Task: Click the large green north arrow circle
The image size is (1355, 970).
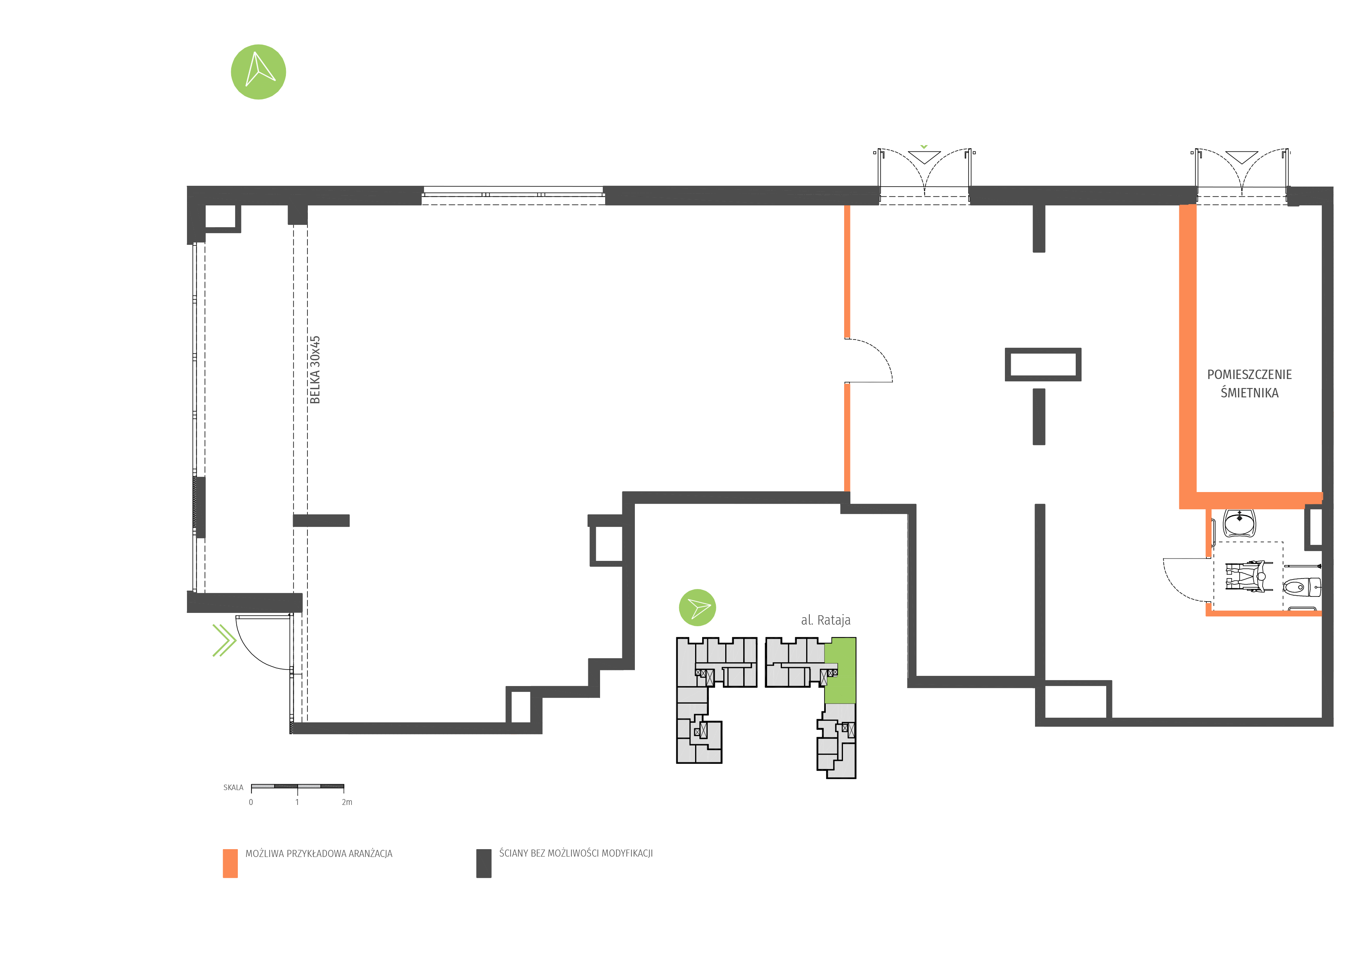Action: point(258,72)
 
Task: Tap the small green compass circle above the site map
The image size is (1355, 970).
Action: point(697,607)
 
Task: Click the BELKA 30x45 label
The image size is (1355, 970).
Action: point(315,369)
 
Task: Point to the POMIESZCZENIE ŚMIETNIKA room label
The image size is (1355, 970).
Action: point(1249,383)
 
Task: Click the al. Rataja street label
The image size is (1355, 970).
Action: point(825,620)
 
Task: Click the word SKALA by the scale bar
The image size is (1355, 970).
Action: point(233,787)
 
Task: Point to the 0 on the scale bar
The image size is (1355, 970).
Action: point(251,802)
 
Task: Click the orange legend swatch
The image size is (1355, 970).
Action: point(230,863)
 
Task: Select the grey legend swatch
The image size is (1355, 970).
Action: point(483,863)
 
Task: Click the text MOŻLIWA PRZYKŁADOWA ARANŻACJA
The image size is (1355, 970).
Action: point(319,853)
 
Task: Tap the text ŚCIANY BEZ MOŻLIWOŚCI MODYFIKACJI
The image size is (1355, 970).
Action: point(576,853)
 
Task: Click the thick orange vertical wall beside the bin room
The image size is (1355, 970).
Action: point(1187,352)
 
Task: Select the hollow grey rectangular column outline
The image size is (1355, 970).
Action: point(1043,365)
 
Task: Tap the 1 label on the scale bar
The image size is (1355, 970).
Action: point(297,802)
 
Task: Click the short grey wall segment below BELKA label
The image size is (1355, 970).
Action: point(321,521)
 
